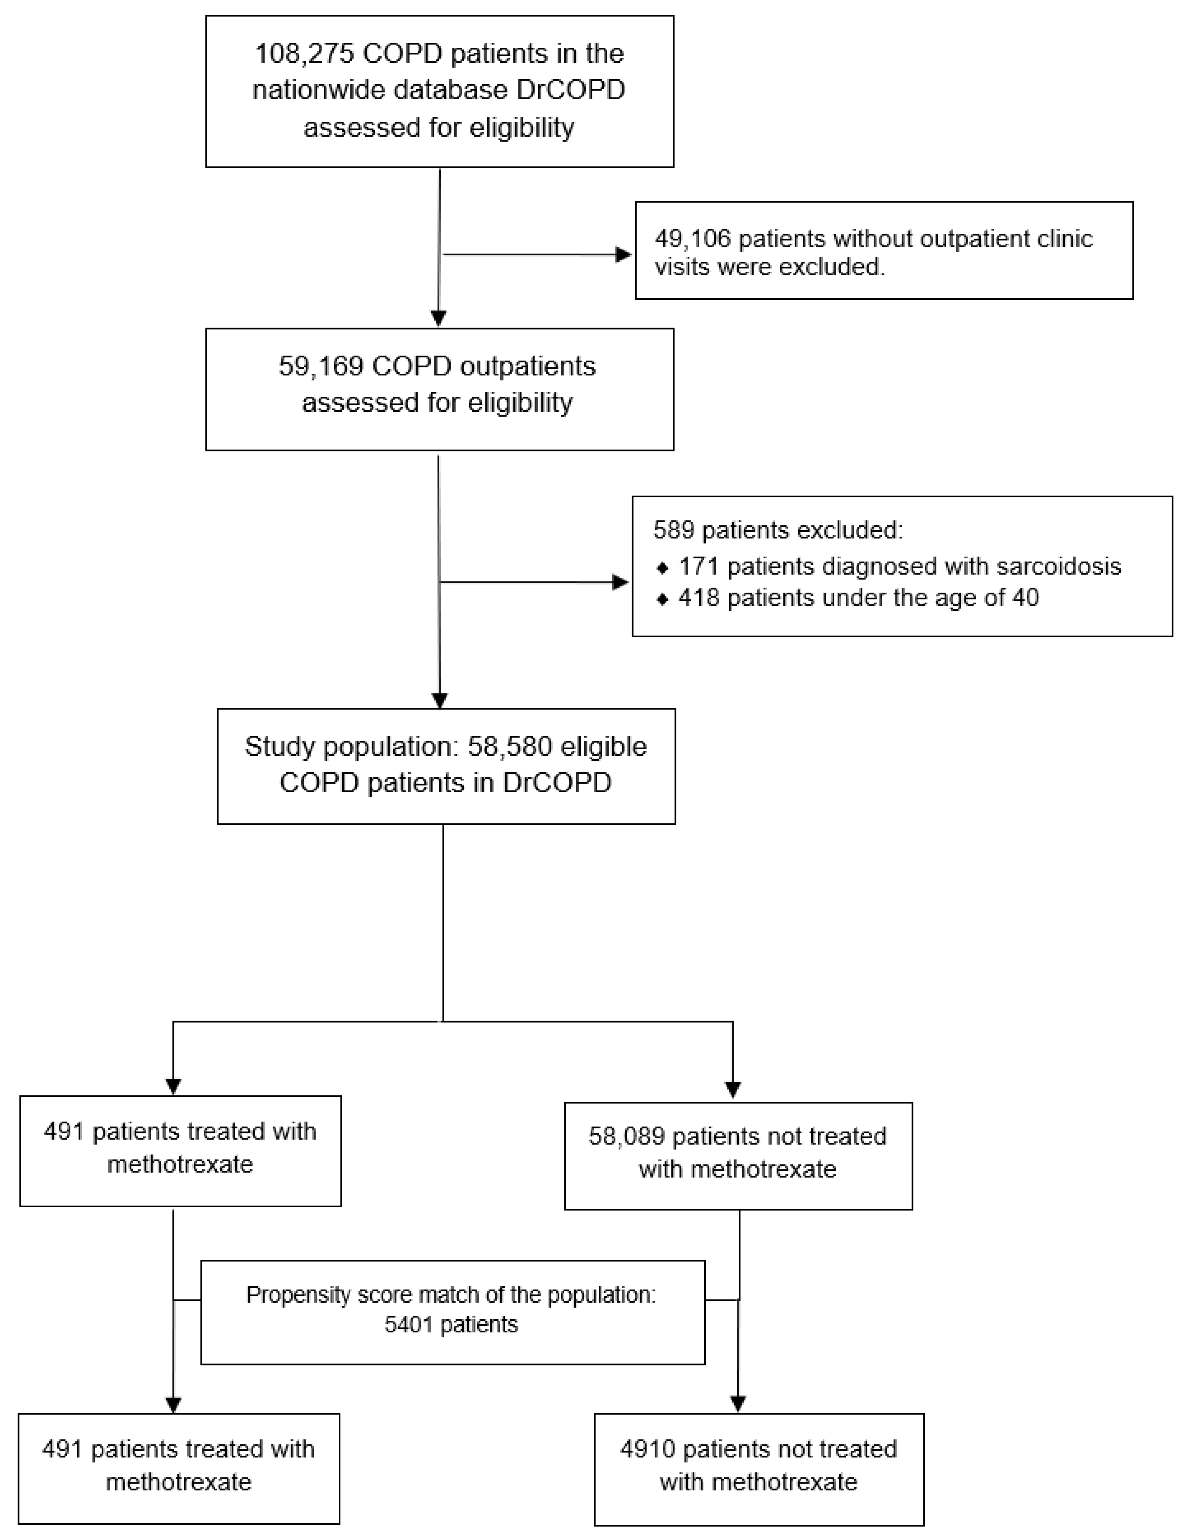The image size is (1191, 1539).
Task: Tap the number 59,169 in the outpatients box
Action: click(321, 367)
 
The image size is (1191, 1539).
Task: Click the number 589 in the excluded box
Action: click(674, 530)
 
